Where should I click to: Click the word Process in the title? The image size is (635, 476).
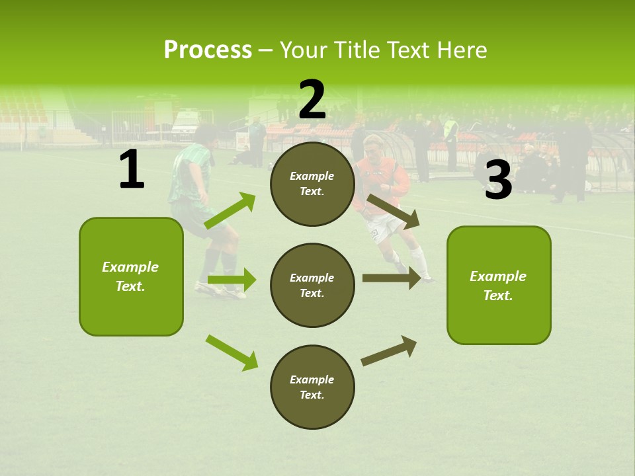[x=208, y=50]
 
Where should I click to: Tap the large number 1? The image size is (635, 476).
[x=132, y=170]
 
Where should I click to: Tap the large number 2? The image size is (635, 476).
[x=312, y=100]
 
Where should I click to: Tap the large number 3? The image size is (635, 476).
[x=498, y=180]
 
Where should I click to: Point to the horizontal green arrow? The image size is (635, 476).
[x=232, y=280]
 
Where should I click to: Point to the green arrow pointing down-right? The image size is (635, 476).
[x=232, y=352]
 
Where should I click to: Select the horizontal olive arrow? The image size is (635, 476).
[x=391, y=278]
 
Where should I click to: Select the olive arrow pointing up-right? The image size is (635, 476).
[x=389, y=351]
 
